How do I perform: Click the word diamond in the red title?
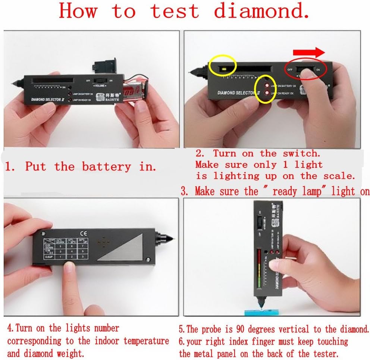pyautogui.click(x=261, y=11)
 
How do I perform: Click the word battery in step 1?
pyautogui.click(x=107, y=166)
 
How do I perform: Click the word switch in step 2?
pyautogui.click(x=301, y=153)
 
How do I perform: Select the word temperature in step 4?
pyautogui.click(x=146, y=341)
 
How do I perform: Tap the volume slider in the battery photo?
pyautogui.click(x=100, y=80)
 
